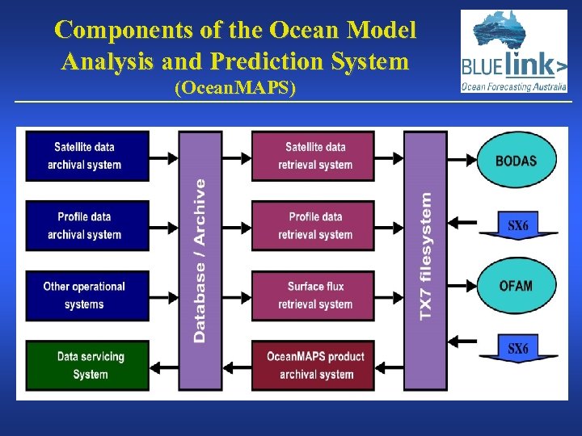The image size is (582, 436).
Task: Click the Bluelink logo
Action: [513, 51]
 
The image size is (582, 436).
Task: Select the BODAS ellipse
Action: [516, 160]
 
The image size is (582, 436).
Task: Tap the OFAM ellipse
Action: [516, 286]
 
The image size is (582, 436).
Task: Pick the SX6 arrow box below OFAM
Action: [517, 350]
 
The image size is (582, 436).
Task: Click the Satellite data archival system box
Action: [87, 156]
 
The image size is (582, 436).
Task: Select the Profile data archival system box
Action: [87, 225]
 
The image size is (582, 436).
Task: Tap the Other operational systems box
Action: [87, 295]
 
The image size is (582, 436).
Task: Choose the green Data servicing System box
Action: [87, 365]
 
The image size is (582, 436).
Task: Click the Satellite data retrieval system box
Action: [314, 156]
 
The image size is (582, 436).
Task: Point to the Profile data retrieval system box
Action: [314, 225]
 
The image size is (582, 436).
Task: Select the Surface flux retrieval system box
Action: [314, 295]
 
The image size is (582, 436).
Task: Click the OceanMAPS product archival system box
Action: [314, 365]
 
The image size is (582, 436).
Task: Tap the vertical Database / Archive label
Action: [200, 260]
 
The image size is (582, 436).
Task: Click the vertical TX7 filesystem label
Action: [425, 254]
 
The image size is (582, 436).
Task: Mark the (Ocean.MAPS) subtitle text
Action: [235, 89]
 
